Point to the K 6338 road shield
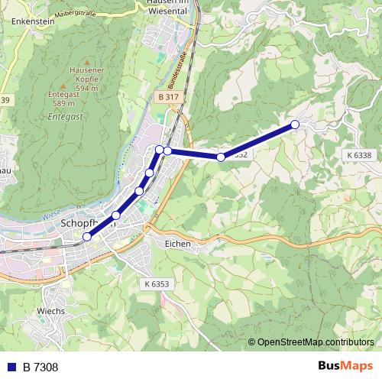[x=358, y=155]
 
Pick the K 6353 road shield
[x=157, y=283]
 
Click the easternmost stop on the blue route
[x=295, y=125]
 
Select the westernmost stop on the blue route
[x=87, y=238]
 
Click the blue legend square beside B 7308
[x=11, y=367]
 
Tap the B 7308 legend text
[x=40, y=367]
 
